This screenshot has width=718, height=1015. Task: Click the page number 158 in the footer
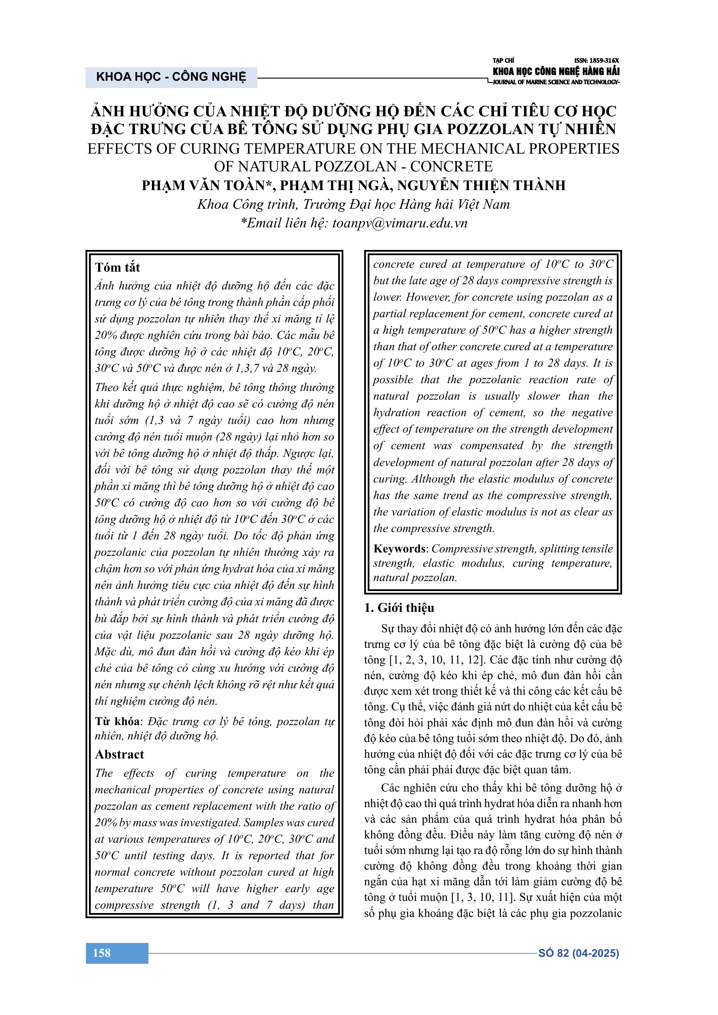click(x=102, y=953)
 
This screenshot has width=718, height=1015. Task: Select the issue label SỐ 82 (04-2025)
click(x=578, y=953)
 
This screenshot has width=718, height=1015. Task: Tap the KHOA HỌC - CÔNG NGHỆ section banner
click(x=171, y=77)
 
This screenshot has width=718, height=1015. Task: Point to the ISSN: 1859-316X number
click(x=596, y=61)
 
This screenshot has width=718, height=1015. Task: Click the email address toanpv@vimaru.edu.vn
click(x=400, y=223)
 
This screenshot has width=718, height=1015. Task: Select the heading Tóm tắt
click(x=117, y=267)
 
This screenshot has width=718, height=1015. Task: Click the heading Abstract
click(x=119, y=754)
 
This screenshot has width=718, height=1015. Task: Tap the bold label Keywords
click(x=399, y=549)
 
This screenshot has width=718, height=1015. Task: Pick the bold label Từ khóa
click(x=117, y=722)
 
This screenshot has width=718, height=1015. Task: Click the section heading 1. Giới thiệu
click(x=399, y=608)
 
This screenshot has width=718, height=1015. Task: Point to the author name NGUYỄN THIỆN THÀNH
click(x=481, y=185)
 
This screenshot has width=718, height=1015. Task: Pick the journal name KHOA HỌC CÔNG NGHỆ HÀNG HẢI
click(x=556, y=71)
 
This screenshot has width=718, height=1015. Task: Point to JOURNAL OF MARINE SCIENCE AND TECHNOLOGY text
click(x=556, y=82)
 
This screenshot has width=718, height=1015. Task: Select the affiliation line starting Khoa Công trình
click(x=353, y=204)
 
